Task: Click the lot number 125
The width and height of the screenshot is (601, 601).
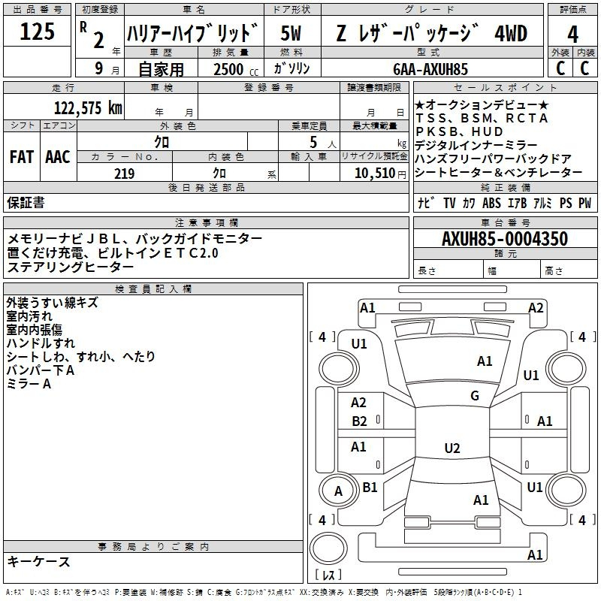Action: [37, 31]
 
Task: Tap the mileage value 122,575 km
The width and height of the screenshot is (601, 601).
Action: [88, 107]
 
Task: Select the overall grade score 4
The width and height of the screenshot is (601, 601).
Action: [572, 34]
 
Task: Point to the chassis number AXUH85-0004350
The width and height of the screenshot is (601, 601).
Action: [505, 238]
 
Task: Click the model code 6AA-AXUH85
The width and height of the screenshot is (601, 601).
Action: [430, 69]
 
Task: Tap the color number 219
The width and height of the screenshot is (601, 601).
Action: [124, 174]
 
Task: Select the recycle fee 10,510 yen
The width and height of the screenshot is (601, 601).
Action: [380, 174]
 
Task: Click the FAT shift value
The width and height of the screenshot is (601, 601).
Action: [22, 157]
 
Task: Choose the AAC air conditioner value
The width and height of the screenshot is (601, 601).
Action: [58, 157]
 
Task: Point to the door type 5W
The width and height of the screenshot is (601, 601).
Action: [291, 33]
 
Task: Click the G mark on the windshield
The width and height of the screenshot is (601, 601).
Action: [475, 396]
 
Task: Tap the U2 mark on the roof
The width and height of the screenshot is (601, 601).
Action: [452, 448]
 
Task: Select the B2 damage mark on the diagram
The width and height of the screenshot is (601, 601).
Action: [359, 421]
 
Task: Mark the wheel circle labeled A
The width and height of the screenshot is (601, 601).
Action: [338, 491]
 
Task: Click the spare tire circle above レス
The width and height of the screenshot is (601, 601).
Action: [328, 548]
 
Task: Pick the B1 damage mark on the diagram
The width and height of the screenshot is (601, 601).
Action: [370, 487]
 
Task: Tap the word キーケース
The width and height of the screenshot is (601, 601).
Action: [39, 561]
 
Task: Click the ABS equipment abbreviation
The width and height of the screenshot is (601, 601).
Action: [491, 203]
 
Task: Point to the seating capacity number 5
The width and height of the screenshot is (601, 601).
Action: [313, 142]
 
